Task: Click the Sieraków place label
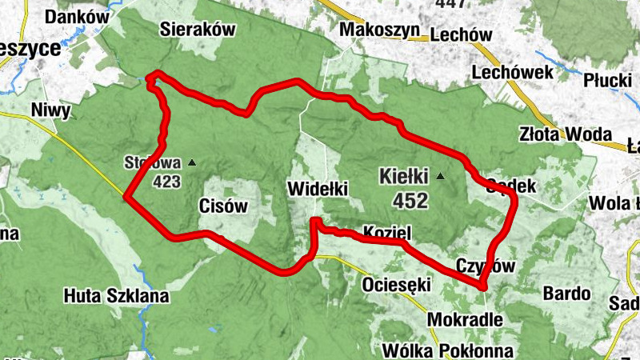[x=196, y=30]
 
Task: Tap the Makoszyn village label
[x=379, y=30]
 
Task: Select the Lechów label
[x=460, y=34]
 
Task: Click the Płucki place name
[x=607, y=81]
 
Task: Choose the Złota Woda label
[x=565, y=134]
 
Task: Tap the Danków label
[x=77, y=16]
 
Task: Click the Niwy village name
[x=50, y=110]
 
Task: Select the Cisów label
[x=222, y=206]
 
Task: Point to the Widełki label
[x=316, y=190]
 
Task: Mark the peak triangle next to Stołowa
[x=191, y=163]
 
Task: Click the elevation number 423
[x=166, y=182]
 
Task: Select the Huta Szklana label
[x=117, y=296]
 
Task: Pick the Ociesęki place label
[x=397, y=285]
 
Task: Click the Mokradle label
[x=466, y=319]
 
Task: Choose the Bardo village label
[x=567, y=293]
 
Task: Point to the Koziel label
[x=386, y=233]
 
